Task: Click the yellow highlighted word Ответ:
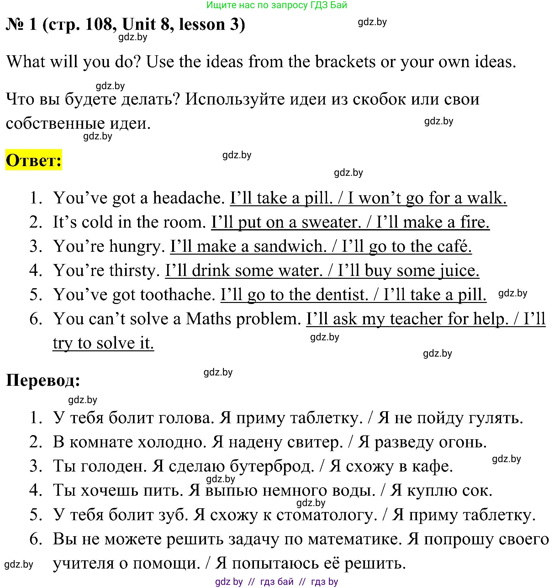click(x=34, y=160)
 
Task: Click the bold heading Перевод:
click(x=43, y=380)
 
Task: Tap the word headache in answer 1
click(x=189, y=198)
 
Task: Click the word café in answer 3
click(x=454, y=246)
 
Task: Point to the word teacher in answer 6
click(x=416, y=319)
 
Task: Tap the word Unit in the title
click(x=139, y=24)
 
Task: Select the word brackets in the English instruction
click(x=345, y=62)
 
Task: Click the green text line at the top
click(x=277, y=5)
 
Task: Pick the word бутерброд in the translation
click(x=272, y=466)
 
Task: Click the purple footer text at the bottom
click(x=277, y=582)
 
